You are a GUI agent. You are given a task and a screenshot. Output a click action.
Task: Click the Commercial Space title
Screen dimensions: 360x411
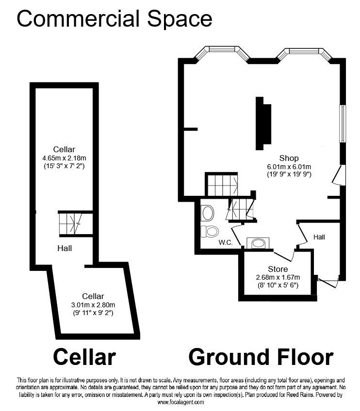point(115,18)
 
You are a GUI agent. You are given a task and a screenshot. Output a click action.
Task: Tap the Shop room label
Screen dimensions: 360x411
point(289,158)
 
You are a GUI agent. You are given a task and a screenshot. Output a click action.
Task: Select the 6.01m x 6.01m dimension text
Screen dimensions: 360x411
point(289,167)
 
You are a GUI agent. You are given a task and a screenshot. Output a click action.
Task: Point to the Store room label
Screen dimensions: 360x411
point(278,269)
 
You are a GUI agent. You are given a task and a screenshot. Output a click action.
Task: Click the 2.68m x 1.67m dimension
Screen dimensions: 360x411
point(278,277)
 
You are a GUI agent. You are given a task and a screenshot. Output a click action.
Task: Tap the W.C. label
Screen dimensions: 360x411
point(226,242)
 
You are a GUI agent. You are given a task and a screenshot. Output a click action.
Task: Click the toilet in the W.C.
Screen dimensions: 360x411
point(210,231)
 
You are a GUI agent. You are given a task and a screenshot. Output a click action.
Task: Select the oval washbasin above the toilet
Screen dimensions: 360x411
point(208,213)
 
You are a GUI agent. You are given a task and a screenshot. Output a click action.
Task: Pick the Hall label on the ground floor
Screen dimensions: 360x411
point(319,237)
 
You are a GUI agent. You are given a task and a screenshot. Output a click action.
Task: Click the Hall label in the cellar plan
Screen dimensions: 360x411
point(65,248)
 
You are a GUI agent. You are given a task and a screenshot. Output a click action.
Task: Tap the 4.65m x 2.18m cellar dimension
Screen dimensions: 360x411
point(64,158)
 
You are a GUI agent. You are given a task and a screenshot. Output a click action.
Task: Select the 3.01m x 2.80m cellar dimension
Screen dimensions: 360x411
point(93,305)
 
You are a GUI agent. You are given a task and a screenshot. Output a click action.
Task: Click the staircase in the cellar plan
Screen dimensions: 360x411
point(76,223)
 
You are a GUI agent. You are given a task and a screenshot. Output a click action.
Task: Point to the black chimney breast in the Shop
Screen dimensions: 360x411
point(263,124)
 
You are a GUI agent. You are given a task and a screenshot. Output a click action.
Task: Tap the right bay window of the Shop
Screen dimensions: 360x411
point(304,53)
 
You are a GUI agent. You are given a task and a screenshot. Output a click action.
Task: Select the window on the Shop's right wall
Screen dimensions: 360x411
point(343,124)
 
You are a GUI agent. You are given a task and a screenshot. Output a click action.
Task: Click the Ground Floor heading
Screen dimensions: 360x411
point(261,357)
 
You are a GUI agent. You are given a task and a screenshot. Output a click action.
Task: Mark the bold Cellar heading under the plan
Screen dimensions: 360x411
point(84,357)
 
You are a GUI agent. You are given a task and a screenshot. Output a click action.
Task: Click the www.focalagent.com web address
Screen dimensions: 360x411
point(181,402)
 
